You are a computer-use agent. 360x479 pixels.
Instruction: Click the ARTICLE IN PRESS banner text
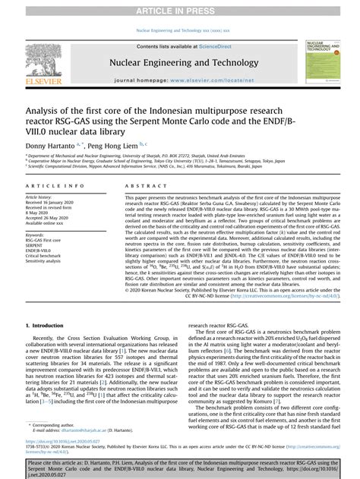pos(180,8)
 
